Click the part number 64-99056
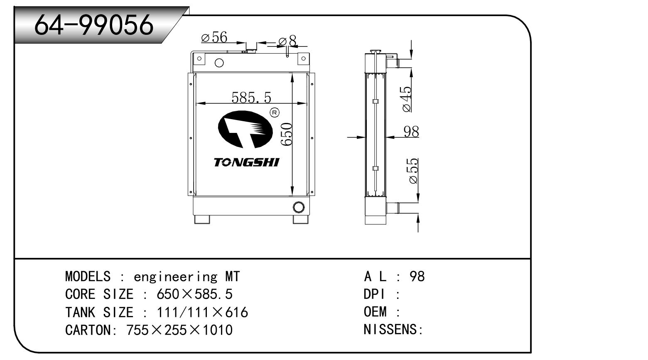point(94,24)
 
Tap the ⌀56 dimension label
point(214,38)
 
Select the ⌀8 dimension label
point(288,41)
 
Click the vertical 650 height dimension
point(287,134)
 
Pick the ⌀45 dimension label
point(407,99)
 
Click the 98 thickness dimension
point(411,132)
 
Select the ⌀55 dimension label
point(413,171)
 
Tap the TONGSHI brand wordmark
point(246,162)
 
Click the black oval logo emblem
point(245,130)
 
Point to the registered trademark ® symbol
point(275,112)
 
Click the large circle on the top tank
point(219,63)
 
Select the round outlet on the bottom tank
point(298,206)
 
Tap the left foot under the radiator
point(202,219)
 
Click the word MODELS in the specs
point(88,277)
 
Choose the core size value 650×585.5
point(194,294)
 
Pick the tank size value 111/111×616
point(202,312)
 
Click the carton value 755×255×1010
point(179,330)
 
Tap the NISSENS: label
point(393,330)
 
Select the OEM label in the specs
point(375,312)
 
